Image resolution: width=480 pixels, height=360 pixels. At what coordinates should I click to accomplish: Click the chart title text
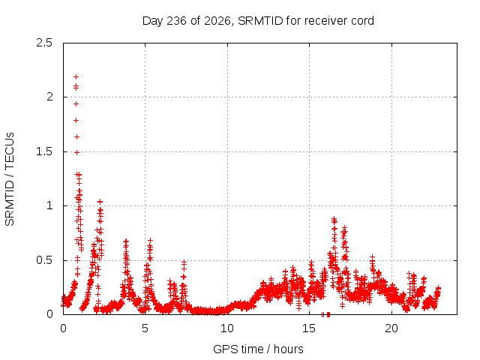258,21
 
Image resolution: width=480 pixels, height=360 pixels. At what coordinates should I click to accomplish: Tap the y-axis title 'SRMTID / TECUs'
10,179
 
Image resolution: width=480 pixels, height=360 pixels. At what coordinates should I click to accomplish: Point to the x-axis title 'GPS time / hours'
258,349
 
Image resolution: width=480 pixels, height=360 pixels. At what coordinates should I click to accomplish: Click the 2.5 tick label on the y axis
44,43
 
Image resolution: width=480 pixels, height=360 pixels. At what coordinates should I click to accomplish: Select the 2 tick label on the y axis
49,97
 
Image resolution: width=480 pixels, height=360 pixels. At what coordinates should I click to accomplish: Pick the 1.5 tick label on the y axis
44,151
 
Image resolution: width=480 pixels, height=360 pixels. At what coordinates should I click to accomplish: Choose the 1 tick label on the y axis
49,205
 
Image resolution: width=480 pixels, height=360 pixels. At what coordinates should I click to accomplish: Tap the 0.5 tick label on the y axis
44,260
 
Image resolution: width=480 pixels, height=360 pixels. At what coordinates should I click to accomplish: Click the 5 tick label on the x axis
145,328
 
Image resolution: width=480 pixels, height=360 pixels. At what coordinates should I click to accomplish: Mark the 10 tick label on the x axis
227,328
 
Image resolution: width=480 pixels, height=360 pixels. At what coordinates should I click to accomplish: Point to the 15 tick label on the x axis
309,328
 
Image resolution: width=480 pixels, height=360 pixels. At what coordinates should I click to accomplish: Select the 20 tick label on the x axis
391,328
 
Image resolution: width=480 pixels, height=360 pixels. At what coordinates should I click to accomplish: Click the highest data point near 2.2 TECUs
76,76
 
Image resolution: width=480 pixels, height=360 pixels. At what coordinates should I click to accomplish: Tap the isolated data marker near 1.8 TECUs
76,120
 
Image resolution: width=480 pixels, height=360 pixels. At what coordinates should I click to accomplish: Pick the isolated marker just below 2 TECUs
76,104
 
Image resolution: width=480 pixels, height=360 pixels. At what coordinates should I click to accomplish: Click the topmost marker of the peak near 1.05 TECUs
100,202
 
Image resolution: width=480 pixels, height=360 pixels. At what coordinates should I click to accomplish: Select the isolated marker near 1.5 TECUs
76,152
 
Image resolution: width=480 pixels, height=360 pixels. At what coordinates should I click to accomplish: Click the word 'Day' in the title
152,21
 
